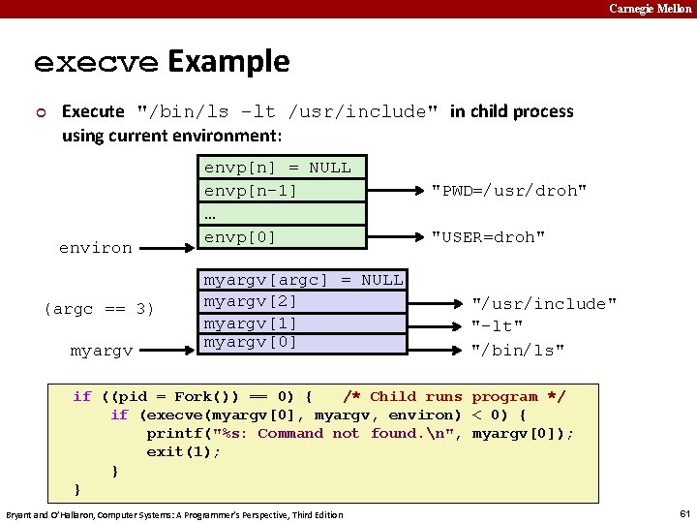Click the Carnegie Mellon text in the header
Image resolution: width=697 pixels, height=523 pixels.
click(x=651, y=9)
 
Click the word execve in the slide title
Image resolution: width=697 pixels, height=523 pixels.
click(x=96, y=62)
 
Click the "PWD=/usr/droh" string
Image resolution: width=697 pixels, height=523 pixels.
click(x=508, y=191)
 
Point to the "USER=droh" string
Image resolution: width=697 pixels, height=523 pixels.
click(x=488, y=237)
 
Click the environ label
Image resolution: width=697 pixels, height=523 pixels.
click(x=95, y=248)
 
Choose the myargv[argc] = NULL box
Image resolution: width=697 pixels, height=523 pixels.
click(x=303, y=280)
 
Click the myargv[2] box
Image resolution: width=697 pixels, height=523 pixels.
click(x=303, y=301)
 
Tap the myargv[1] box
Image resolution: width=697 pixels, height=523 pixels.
click(x=303, y=323)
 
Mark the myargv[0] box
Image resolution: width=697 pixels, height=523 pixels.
click(x=303, y=343)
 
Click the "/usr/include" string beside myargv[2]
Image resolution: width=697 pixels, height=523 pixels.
click(x=543, y=305)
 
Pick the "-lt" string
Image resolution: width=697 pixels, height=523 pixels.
click(x=497, y=327)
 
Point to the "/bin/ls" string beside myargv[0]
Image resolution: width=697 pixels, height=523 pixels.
click(x=518, y=350)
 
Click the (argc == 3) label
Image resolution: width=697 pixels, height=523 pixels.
click(x=99, y=310)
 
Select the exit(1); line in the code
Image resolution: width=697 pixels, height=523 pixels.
click(x=184, y=452)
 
